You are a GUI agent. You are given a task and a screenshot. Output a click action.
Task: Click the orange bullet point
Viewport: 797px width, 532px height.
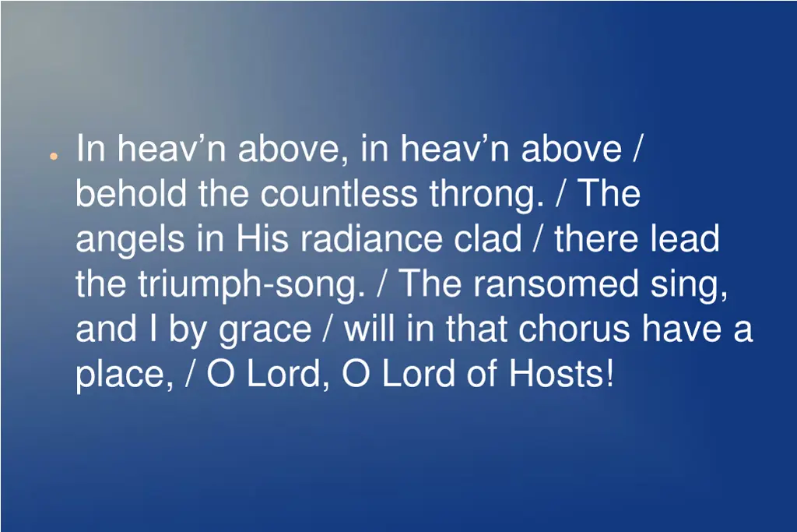(52, 157)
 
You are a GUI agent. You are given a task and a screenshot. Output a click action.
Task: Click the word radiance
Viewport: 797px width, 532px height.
(373, 239)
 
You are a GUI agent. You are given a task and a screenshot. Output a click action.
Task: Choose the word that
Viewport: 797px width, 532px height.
(479, 329)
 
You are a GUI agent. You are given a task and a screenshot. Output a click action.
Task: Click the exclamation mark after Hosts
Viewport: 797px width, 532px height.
(609, 375)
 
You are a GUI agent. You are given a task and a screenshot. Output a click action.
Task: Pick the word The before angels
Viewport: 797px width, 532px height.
(608, 194)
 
